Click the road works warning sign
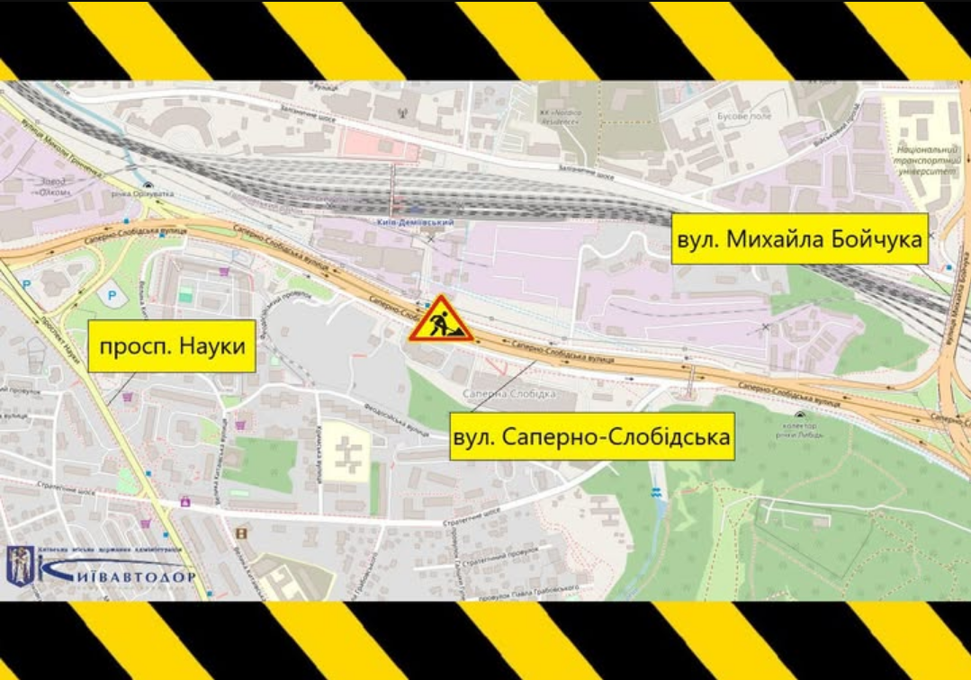(x=441, y=319)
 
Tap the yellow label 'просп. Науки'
(x=172, y=345)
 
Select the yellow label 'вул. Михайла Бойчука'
(x=799, y=240)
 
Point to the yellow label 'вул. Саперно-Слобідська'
(x=592, y=438)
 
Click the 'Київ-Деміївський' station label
(x=415, y=222)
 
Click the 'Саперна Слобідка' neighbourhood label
(x=508, y=393)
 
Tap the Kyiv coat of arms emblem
(x=20, y=568)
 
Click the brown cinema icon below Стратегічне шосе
(x=240, y=533)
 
